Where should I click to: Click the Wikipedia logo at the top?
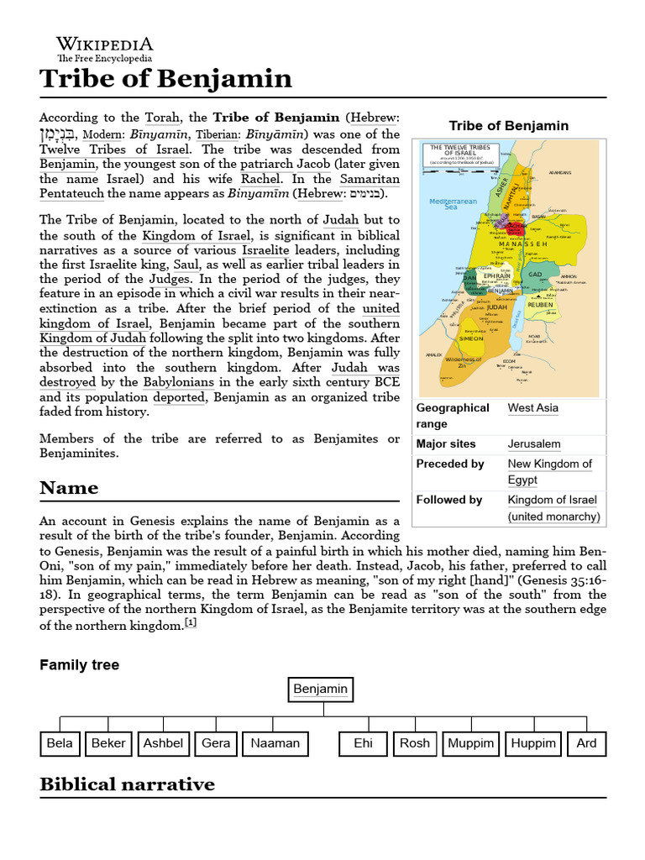(104, 50)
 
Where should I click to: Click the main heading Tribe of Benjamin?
(165, 79)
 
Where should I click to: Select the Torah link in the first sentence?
(162, 118)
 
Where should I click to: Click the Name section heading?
(69, 488)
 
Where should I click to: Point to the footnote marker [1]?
(191, 622)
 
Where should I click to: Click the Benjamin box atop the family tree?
(320, 690)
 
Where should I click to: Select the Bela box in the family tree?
(60, 743)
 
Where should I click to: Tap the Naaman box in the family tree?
(275, 743)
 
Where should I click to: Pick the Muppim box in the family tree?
(471, 743)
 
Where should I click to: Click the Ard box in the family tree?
(586, 743)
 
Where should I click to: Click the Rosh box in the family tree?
(414, 743)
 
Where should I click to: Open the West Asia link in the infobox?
(532, 408)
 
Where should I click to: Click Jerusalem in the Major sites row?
(534, 444)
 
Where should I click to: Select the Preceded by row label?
(450, 464)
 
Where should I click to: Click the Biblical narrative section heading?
(127, 784)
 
